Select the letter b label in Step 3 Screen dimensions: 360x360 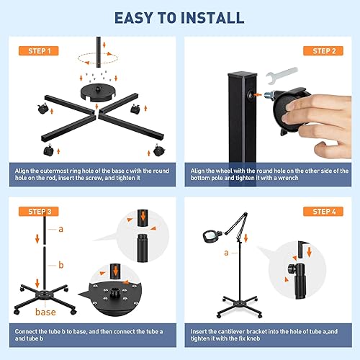point(61,265)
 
